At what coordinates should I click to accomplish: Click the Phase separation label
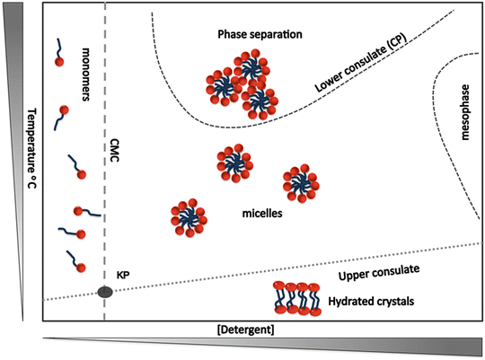click(x=259, y=34)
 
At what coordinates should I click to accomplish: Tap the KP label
click(x=125, y=274)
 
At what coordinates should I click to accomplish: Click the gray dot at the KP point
click(x=105, y=291)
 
